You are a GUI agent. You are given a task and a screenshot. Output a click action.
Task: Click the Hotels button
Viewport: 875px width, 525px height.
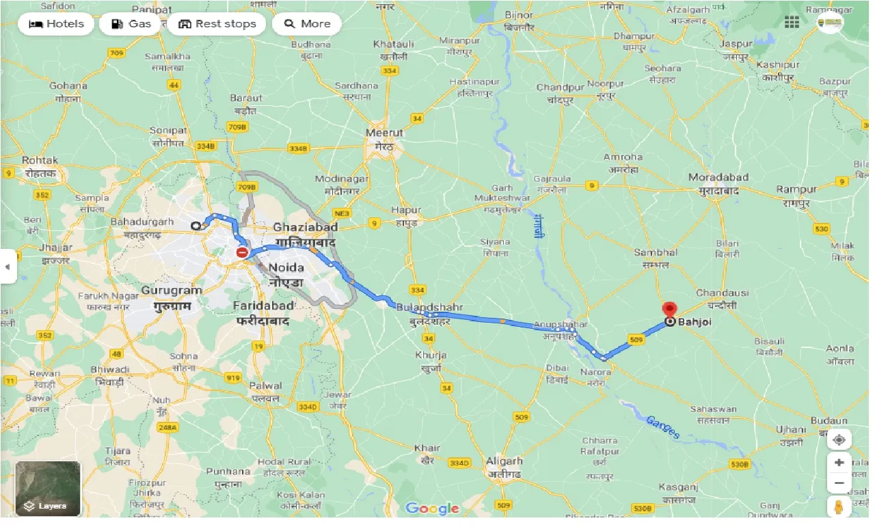coord(56,24)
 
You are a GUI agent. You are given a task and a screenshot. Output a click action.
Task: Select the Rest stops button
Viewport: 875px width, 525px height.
coord(217,24)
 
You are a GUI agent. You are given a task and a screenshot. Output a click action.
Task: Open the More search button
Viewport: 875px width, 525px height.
coord(307,24)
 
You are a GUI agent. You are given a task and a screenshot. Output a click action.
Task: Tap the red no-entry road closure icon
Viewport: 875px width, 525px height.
coord(243,253)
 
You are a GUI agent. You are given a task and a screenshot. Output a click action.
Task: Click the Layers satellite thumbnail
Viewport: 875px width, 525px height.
coord(48,488)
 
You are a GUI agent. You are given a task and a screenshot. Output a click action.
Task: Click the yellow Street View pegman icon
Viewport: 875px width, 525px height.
coord(839,507)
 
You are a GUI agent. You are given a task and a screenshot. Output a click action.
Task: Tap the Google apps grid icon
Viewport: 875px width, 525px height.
coord(792,23)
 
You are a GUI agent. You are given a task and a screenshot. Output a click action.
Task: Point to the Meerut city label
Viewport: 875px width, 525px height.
coord(385,133)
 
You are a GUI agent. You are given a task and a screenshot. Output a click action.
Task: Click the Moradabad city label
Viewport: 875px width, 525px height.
coord(718,177)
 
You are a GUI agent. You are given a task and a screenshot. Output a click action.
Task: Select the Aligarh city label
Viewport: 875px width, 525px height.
coord(504,461)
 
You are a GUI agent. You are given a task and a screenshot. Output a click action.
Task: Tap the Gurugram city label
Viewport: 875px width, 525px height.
coord(172,291)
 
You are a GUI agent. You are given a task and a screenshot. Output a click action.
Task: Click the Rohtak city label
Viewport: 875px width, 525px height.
coord(40,160)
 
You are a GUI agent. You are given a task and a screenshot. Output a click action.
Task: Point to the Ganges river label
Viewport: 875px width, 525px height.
coord(662,427)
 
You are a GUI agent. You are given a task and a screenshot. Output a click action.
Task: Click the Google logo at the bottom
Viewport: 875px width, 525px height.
coord(432,508)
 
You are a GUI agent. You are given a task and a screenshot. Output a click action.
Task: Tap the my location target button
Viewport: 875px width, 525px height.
coord(839,439)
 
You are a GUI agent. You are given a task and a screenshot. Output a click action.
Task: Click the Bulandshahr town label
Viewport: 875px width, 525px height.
coord(429,308)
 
